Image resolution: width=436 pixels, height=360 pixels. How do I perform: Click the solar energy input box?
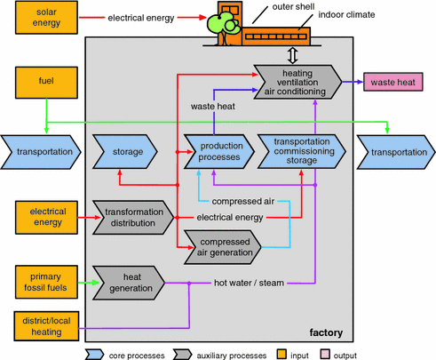46,18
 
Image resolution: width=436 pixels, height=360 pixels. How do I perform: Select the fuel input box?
46,83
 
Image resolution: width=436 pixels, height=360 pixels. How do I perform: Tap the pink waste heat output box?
393,82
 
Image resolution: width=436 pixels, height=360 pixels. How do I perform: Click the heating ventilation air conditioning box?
297,82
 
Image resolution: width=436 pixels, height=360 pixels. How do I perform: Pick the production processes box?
219,151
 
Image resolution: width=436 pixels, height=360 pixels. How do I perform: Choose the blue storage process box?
125,152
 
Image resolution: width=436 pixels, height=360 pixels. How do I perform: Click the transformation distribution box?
133,218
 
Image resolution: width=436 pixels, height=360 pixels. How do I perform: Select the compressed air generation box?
223,247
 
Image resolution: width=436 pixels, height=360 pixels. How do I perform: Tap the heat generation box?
129,283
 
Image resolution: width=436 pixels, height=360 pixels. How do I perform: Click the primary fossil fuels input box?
46,282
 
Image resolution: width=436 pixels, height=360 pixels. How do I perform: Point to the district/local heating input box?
46,326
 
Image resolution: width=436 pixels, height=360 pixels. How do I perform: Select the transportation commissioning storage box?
302,151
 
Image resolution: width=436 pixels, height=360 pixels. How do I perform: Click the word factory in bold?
326,332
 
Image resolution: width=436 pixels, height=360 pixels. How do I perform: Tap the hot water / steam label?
249,283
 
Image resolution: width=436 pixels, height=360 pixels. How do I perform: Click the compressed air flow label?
243,202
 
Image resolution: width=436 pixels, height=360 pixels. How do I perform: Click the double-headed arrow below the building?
293,55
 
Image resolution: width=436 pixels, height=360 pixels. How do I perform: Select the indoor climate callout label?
346,14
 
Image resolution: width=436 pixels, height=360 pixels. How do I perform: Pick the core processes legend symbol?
94,355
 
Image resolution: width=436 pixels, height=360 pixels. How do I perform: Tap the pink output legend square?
325,354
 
